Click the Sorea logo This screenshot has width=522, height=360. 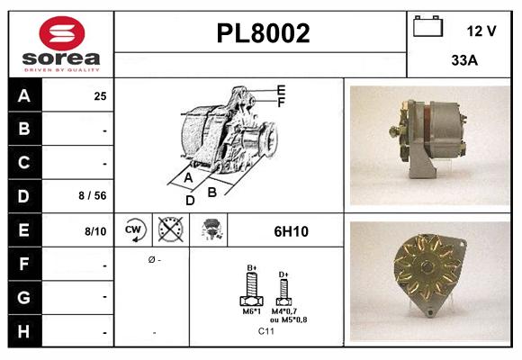[x=60, y=44]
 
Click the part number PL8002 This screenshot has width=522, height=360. [x=263, y=34]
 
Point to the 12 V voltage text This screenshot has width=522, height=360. [x=481, y=31]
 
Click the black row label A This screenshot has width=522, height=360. [x=23, y=96]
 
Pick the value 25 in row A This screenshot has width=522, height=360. [x=100, y=96]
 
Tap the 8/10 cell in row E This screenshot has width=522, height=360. [x=95, y=231]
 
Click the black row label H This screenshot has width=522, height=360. [x=23, y=332]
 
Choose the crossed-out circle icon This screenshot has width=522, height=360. [x=169, y=231]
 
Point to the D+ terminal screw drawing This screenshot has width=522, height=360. [x=283, y=288]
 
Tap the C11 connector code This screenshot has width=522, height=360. [x=266, y=332]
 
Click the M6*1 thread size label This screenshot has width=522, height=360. [x=251, y=311]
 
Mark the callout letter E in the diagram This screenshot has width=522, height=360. [x=281, y=89]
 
